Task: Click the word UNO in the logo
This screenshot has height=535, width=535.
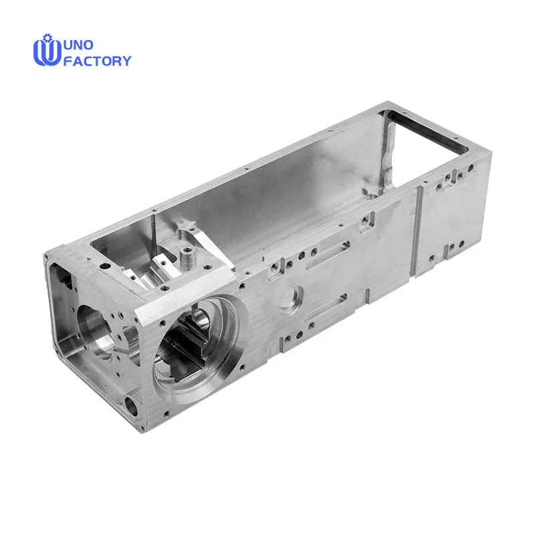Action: coord(78,45)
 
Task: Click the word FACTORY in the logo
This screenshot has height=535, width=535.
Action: coord(97,61)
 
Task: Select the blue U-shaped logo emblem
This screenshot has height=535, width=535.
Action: coord(47,52)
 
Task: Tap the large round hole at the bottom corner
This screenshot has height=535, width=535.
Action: coord(131,406)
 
